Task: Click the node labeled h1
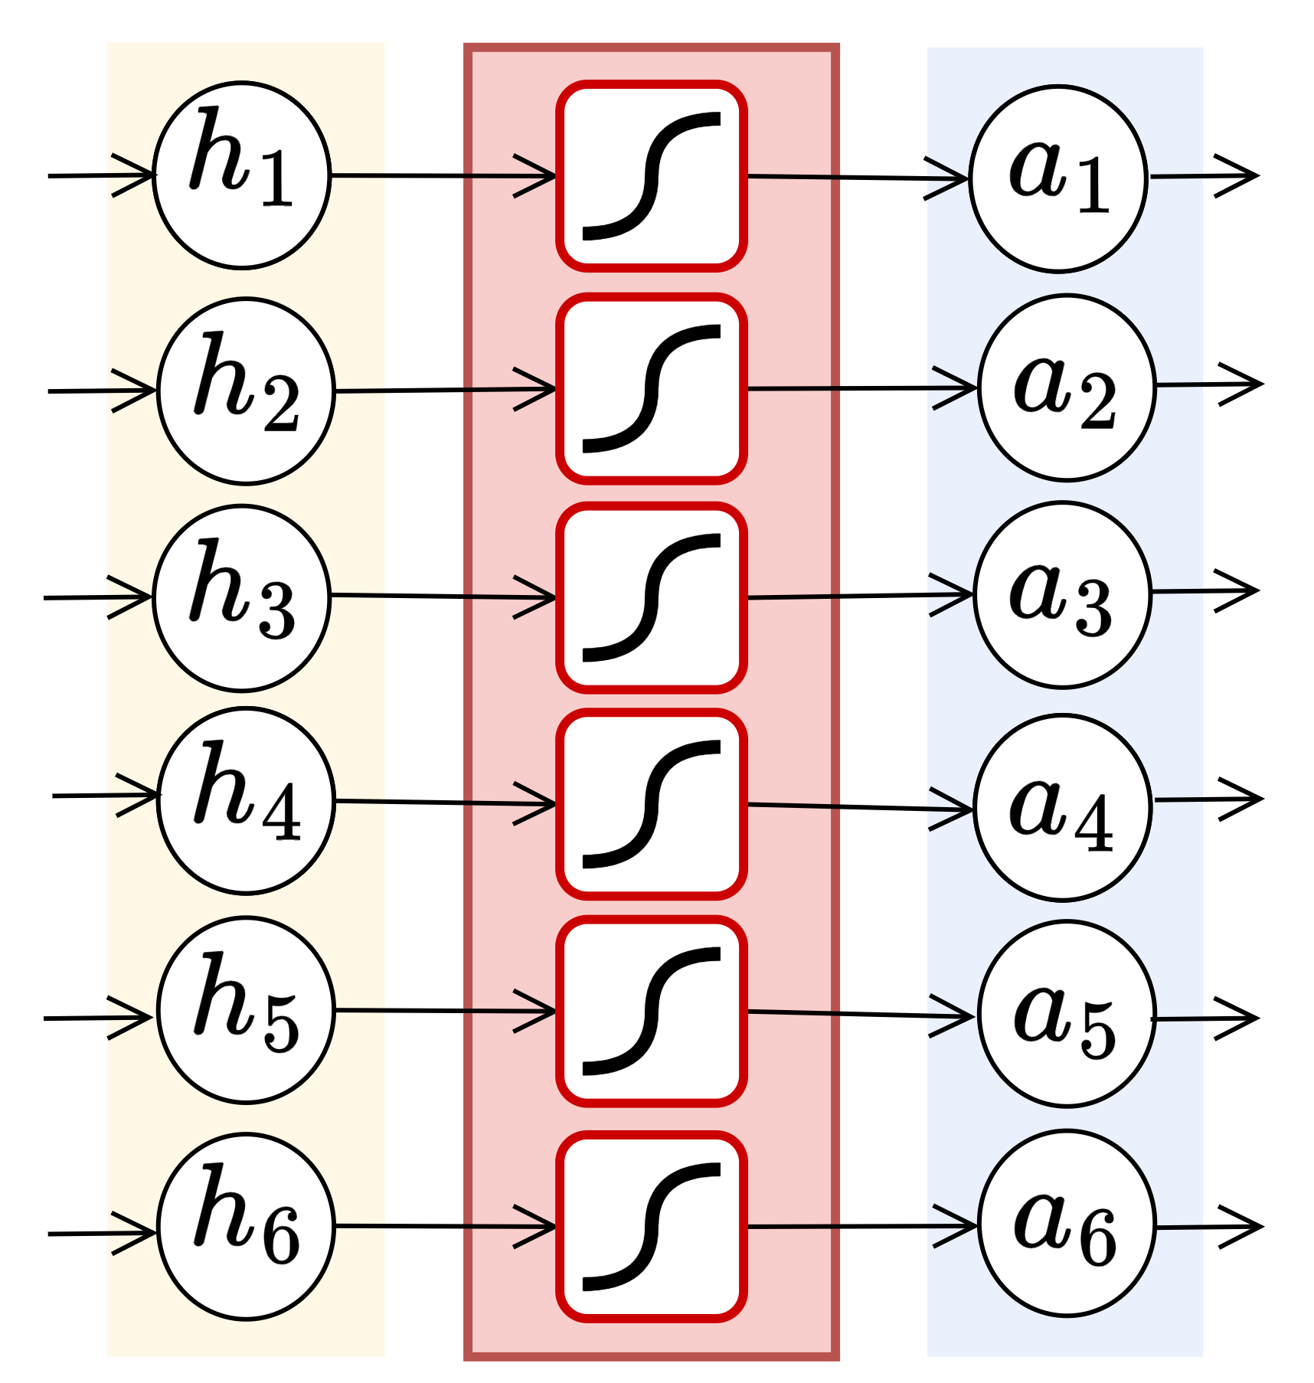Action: (242, 175)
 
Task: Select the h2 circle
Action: (246, 391)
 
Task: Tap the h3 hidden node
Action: (242, 598)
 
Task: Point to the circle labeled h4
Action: (246, 800)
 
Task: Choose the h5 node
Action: (246, 1010)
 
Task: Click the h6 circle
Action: (246, 1226)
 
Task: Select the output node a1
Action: (1058, 178)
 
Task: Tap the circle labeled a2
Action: (1067, 387)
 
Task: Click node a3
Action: (1063, 595)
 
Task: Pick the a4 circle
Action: (1063, 807)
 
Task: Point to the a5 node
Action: (1067, 1013)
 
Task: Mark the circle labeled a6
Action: (1067, 1223)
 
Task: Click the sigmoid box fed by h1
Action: (652, 176)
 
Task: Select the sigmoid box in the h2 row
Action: (652, 389)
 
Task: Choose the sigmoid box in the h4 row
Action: (652, 804)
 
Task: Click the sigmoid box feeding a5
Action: (652, 1011)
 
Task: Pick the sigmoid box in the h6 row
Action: (652, 1227)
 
